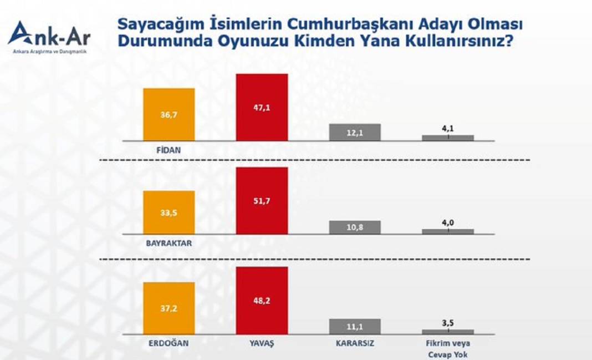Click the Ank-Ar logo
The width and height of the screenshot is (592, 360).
click(x=49, y=37)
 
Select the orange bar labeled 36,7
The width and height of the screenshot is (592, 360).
click(x=169, y=114)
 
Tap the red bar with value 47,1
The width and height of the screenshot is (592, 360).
click(x=262, y=107)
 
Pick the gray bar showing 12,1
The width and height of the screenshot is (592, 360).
click(x=355, y=132)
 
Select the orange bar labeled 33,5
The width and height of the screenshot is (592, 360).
click(x=169, y=212)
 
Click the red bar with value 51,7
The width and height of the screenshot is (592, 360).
click(x=262, y=201)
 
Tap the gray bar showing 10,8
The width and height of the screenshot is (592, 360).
click(x=355, y=227)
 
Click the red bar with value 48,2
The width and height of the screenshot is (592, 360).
click(x=262, y=300)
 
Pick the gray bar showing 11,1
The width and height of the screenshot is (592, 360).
click(x=355, y=326)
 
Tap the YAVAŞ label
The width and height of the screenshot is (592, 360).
click(x=262, y=343)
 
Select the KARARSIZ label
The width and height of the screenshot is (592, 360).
click(x=355, y=343)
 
